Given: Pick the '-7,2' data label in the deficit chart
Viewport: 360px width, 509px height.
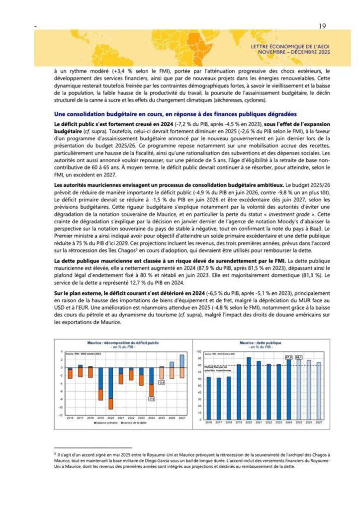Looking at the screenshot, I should (x=152, y=399).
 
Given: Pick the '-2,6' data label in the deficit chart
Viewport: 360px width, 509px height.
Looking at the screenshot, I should (x=162, y=382).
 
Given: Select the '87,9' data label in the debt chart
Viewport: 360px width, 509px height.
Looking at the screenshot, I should (x=288, y=357).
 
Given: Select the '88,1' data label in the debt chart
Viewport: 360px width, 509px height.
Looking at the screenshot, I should (x=299, y=357).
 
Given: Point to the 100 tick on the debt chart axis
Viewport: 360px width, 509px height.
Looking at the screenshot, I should (x=199, y=351).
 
